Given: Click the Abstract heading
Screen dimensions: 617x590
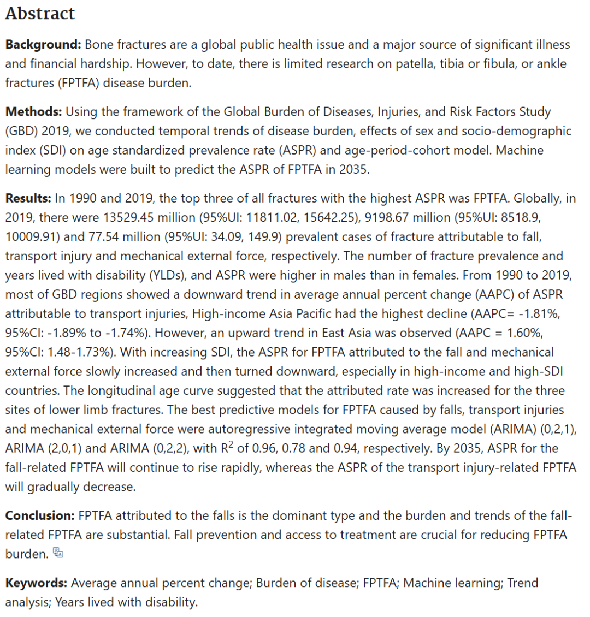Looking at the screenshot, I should coord(40,14).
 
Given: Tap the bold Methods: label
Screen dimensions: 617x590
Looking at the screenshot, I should coord(33,112).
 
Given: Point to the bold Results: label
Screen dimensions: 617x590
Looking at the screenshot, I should coord(29,198).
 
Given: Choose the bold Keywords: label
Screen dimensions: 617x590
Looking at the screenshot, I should coord(36,583).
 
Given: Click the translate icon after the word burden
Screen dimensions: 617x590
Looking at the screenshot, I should coord(58,553).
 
